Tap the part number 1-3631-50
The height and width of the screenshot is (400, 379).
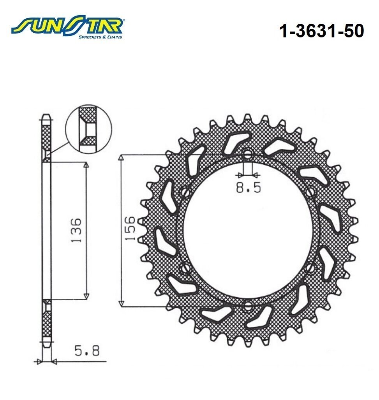coord(321,31)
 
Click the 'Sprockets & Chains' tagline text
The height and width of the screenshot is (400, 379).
coord(100,37)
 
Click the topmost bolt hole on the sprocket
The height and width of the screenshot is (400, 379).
coord(247,155)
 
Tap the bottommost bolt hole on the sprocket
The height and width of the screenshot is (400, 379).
coord(247,307)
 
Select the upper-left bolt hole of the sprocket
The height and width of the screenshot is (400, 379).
coord(185,192)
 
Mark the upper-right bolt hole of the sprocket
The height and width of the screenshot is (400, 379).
coord(310,192)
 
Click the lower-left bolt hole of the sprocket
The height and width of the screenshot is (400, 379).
coord(185,268)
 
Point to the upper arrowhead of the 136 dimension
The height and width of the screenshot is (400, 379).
coord(86,165)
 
